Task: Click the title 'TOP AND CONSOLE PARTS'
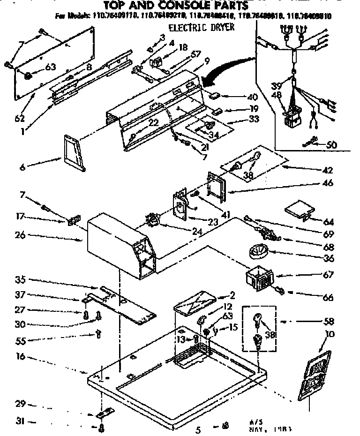coord(176,6)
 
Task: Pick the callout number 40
coord(252,97)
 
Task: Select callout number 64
coord(329,221)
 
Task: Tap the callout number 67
coord(329,275)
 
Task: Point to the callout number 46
coord(329,183)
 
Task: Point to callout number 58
coord(329,322)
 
